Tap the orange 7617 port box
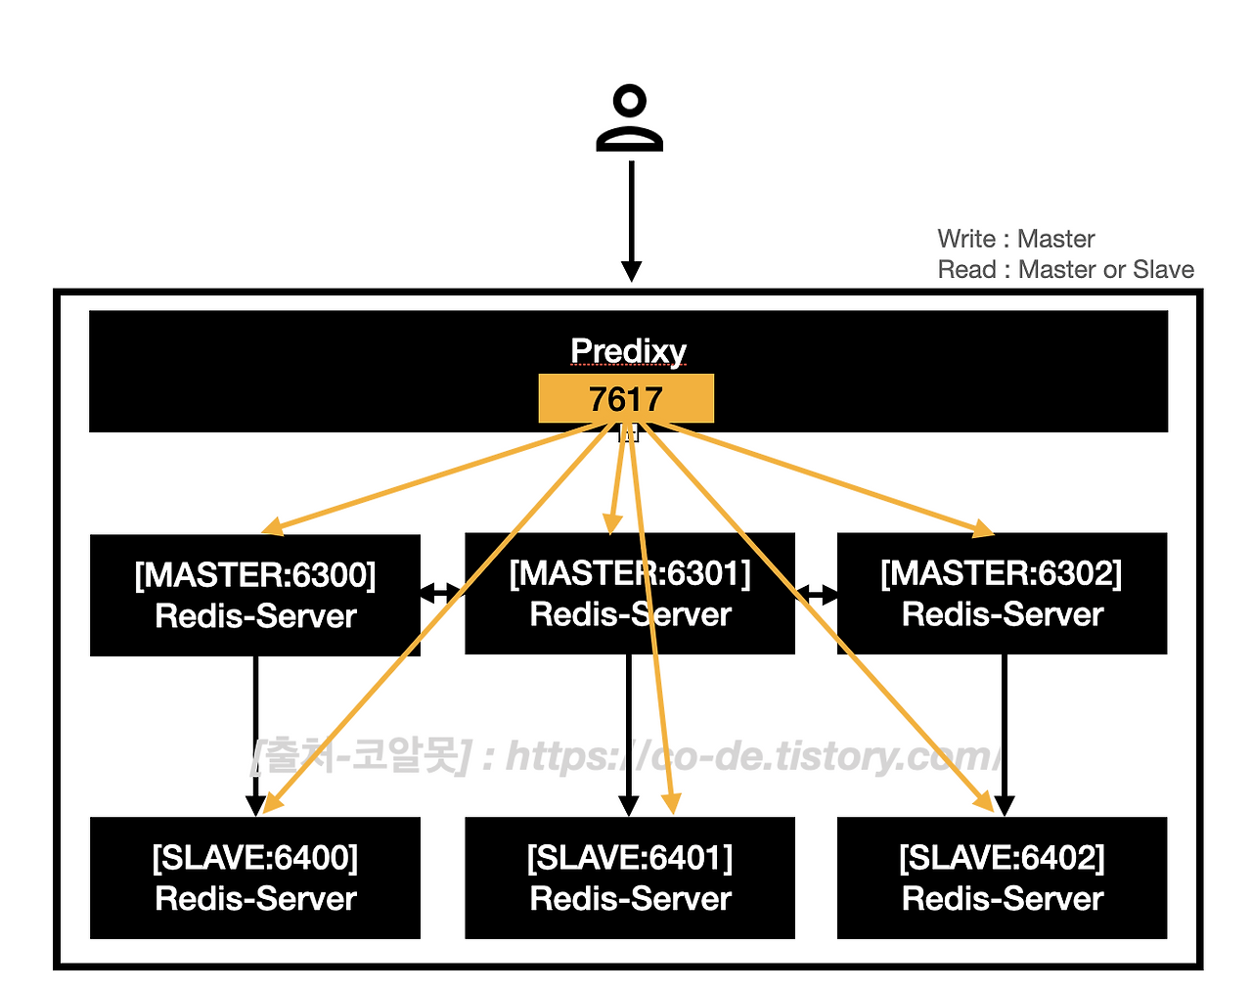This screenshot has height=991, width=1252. click(626, 398)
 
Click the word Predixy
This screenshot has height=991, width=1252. click(628, 351)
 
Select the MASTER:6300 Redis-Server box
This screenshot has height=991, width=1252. click(255, 596)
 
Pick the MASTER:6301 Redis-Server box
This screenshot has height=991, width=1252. click(630, 594)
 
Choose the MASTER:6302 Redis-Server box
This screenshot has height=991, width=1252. click(1002, 594)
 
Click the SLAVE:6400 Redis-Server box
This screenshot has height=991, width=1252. click(255, 878)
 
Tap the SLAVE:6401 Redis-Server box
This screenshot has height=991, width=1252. click(630, 878)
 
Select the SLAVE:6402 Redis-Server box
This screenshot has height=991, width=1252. click(1002, 878)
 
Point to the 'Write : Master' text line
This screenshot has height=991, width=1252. click(1016, 239)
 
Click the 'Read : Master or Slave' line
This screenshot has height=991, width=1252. click(1066, 269)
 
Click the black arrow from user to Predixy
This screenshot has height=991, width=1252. click(631, 221)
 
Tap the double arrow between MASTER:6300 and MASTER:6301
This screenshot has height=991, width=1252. click(443, 593)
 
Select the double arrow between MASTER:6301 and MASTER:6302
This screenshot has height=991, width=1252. click(816, 594)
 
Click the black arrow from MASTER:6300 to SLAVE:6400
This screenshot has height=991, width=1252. click(255, 737)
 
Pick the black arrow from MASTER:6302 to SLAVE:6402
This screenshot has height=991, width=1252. click(1005, 736)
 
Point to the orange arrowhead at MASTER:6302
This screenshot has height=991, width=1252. click(983, 528)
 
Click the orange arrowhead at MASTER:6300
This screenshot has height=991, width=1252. click(272, 526)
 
